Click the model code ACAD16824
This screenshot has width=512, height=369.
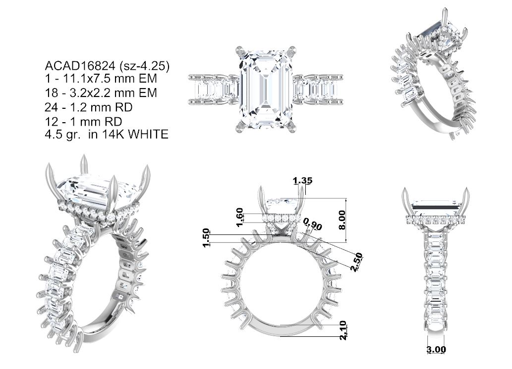(x=80, y=66)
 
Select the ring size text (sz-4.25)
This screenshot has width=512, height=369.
(x=145, y=66)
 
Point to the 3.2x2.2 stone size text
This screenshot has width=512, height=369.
(x=92, y=93)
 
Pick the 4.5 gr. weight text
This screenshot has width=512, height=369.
(x=62, y=135)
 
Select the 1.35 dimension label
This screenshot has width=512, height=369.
(x=302, y=180)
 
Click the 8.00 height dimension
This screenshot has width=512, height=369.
(x=342, y=220)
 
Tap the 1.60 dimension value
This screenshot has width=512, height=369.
(x=240, y=217)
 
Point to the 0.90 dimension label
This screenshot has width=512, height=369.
(x=313, y=224)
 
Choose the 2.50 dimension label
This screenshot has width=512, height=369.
(x=356, y=262)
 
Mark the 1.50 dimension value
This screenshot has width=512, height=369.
(x=206, y=237)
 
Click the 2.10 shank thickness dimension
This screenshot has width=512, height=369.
(x=343, y=330)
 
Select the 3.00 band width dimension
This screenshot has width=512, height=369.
(x=436, y=349)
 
